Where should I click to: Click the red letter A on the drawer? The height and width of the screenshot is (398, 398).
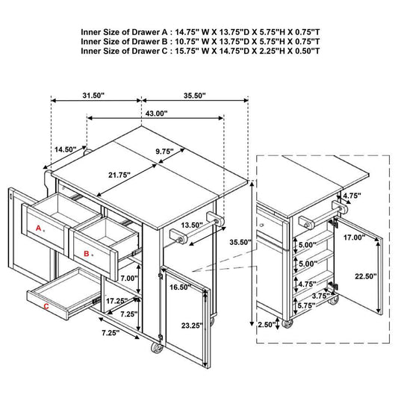[38, 228]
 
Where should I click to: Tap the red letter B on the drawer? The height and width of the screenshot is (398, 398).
[87, 254]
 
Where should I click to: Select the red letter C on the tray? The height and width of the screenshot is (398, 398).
[46, 307]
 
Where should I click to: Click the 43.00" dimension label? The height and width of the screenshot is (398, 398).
[156, 114]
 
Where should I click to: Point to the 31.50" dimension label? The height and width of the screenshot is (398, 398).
[93, 96]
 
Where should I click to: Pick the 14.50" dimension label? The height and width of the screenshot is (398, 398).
[66, 149]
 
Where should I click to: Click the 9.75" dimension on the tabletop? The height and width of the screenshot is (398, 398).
[164, 152]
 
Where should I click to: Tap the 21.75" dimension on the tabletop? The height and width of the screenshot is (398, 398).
[119, 175]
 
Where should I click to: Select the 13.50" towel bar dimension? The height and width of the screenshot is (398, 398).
[192, 226]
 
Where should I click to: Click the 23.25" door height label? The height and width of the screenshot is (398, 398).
[192, 326]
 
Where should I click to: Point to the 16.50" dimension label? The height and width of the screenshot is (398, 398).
[180, 287]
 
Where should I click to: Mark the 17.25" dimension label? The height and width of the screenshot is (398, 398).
[116, 301]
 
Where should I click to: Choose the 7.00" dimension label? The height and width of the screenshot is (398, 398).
[129, 279]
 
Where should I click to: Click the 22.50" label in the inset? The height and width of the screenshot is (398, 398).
[365, 276]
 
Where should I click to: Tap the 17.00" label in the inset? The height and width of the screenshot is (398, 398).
[355, 237]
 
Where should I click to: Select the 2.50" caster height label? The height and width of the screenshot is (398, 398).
[267, 325]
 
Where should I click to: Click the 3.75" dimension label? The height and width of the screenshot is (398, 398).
[321, 296]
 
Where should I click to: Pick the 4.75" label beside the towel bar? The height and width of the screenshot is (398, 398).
[352, 196]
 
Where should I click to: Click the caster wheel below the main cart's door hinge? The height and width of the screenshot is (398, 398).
[156, 347]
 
